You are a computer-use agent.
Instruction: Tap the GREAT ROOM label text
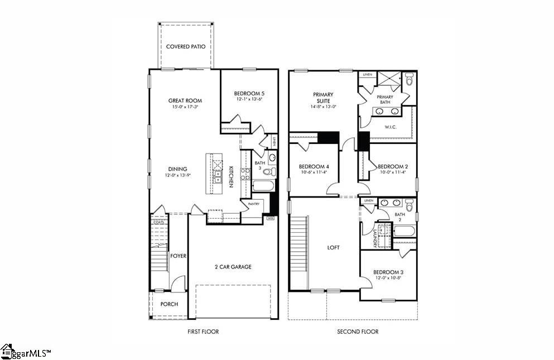coord(185,101)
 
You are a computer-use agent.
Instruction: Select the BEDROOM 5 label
coord(249,93)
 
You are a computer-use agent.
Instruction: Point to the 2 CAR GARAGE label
coord(233,267)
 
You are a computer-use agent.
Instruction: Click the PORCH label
coord(169,304)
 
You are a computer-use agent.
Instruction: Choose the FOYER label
coord(179,256)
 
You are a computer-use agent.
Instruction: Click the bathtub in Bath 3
coord(263,185)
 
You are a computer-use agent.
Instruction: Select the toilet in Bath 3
coord(267,171)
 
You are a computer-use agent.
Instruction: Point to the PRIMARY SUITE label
coord(323,98)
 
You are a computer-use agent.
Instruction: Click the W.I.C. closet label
coord(391,127)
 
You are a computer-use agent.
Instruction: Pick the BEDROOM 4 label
coord(314,166)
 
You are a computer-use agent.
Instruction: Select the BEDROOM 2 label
coord(393,166)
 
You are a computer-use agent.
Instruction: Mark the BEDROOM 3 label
coord(388,272)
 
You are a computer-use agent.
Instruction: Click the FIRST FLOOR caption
coord(203,332)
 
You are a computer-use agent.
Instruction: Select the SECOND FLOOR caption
coord(358,332)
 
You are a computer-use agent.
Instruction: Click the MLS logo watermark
coord(26,352)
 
